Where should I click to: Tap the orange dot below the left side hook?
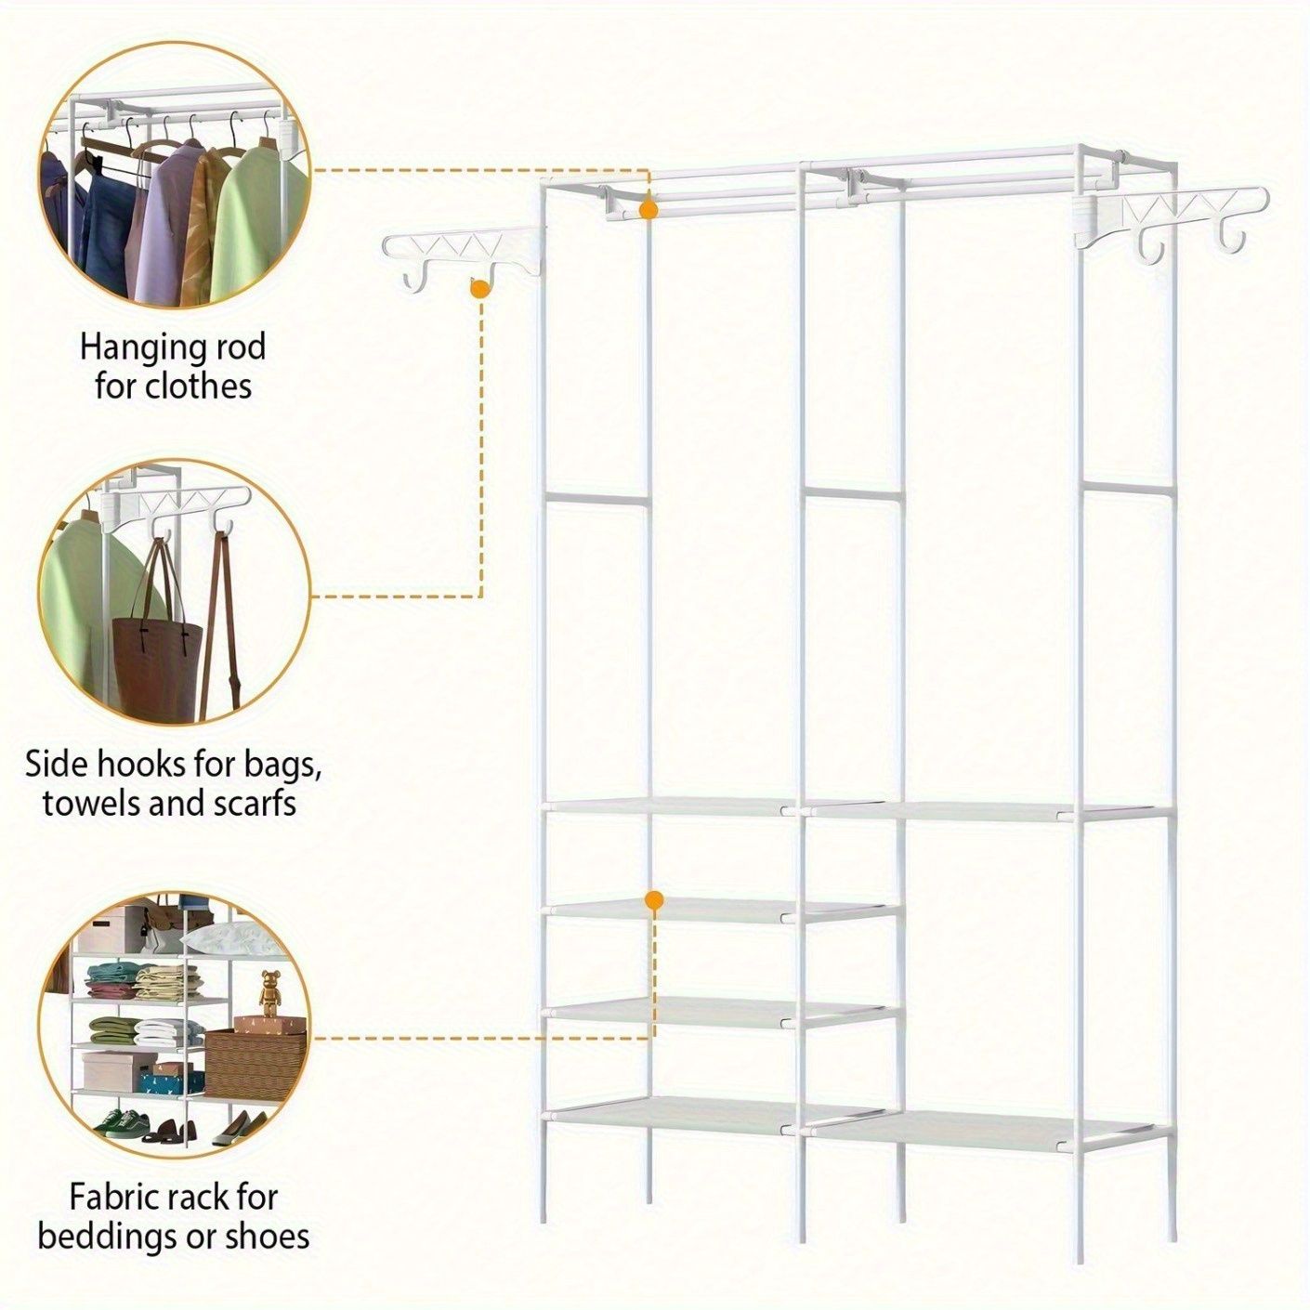(x=479, y=288)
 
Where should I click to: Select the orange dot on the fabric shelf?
(x=654, y=901)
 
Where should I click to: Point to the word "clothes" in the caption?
(x=198, y=387)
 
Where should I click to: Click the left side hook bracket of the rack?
(x=464, y=256)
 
